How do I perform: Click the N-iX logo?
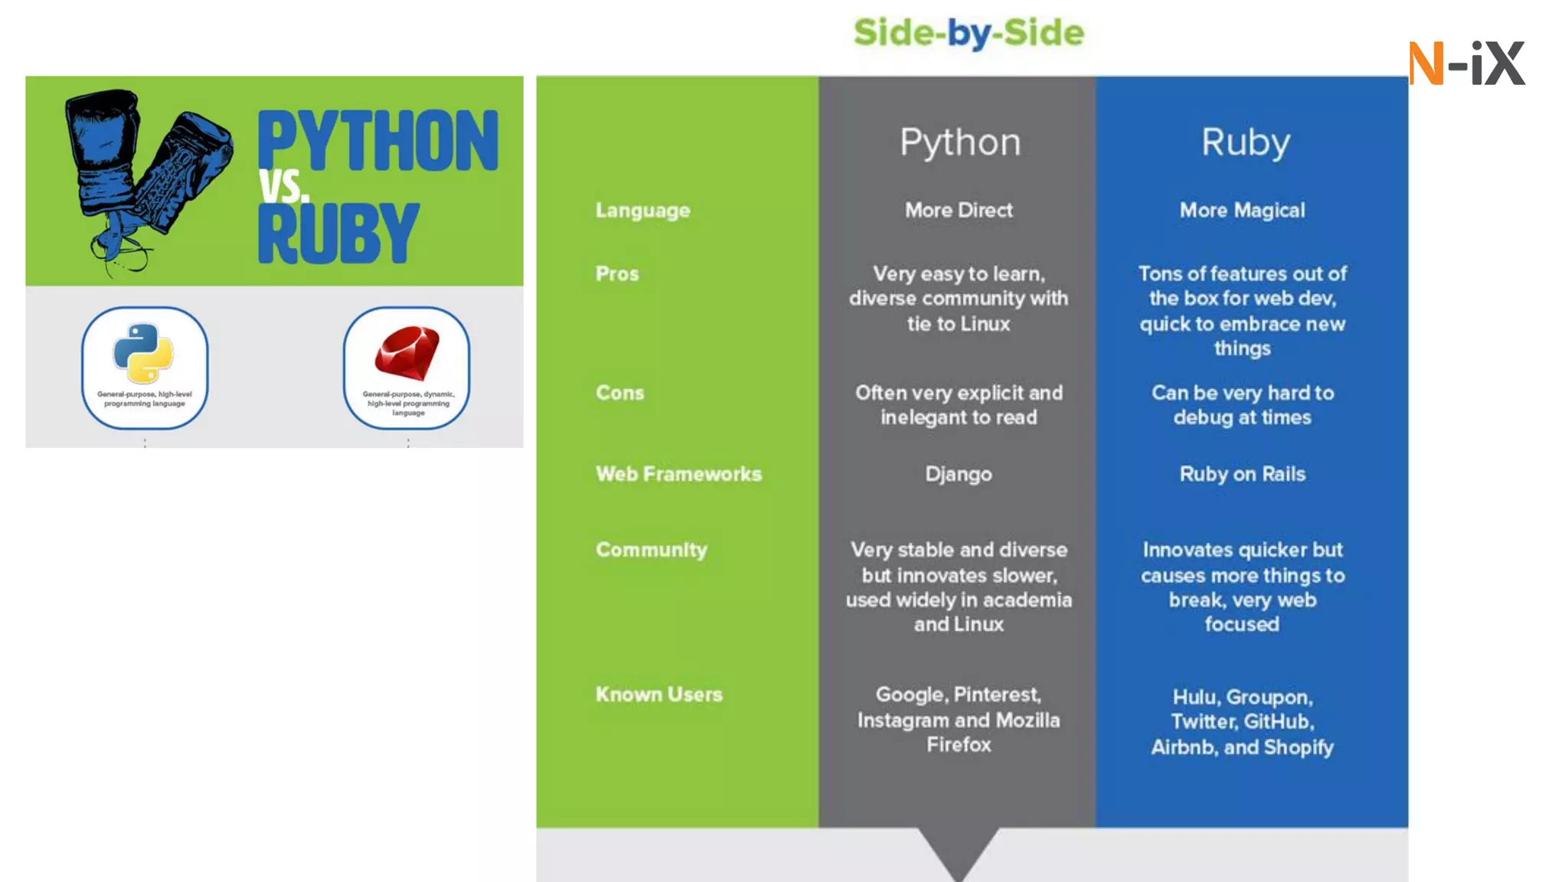click(x=1466, y=63)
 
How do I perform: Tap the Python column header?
click(x=960, y=142)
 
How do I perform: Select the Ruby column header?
click(x=1246, y=142)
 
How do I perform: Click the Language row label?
click(x=642, y=211)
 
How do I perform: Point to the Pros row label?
click(x=617, y=273)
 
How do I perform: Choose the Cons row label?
click(x=620, y=393)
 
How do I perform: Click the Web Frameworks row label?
click(x=678, y=474)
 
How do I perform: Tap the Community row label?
click(x=652, y=550)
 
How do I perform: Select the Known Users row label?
click(x=659, y=694)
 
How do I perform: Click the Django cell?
click(x=959, y=475)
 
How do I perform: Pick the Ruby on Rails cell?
click(x=1242, y=474)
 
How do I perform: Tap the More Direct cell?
click(x=959, y=211)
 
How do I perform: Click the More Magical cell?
click(x=1242, y=211)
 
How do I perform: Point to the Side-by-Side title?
click(x=969, y=33)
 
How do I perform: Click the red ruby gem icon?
click(x=407, y=353)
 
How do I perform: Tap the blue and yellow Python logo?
click(x=144, y=353)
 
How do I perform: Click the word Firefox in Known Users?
click(x=959, y=745)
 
